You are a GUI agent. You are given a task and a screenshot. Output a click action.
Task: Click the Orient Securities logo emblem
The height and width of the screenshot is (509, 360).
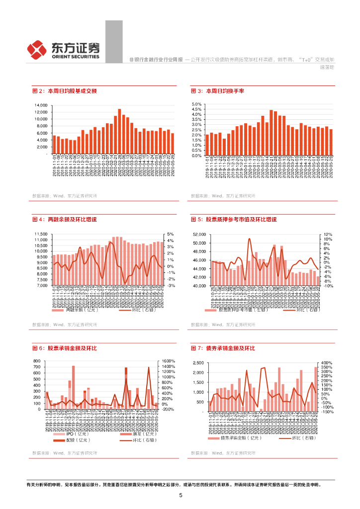pyautogui.click(x=37, y=49)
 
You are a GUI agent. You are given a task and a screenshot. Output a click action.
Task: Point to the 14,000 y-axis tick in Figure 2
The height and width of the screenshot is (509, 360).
pyautogui.click(x=40, y=105)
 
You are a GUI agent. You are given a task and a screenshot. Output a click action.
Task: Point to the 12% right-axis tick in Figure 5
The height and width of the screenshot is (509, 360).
pyautogui.click(x=327, y=234)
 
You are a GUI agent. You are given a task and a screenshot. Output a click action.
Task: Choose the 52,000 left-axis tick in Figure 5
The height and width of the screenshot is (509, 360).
pyautogui.click(x=198, y=234)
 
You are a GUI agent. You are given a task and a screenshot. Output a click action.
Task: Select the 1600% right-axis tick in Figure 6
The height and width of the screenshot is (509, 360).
pyautogui.click(x=169, y=361)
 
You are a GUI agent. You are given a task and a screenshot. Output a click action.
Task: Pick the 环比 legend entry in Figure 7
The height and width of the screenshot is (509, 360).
pyautogui.click(x=294, y=438)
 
